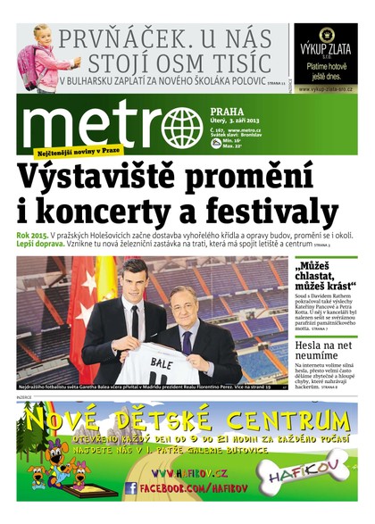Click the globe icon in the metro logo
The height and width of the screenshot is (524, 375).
coord(183,127)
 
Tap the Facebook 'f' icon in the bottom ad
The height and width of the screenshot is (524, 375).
coord(131,488)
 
